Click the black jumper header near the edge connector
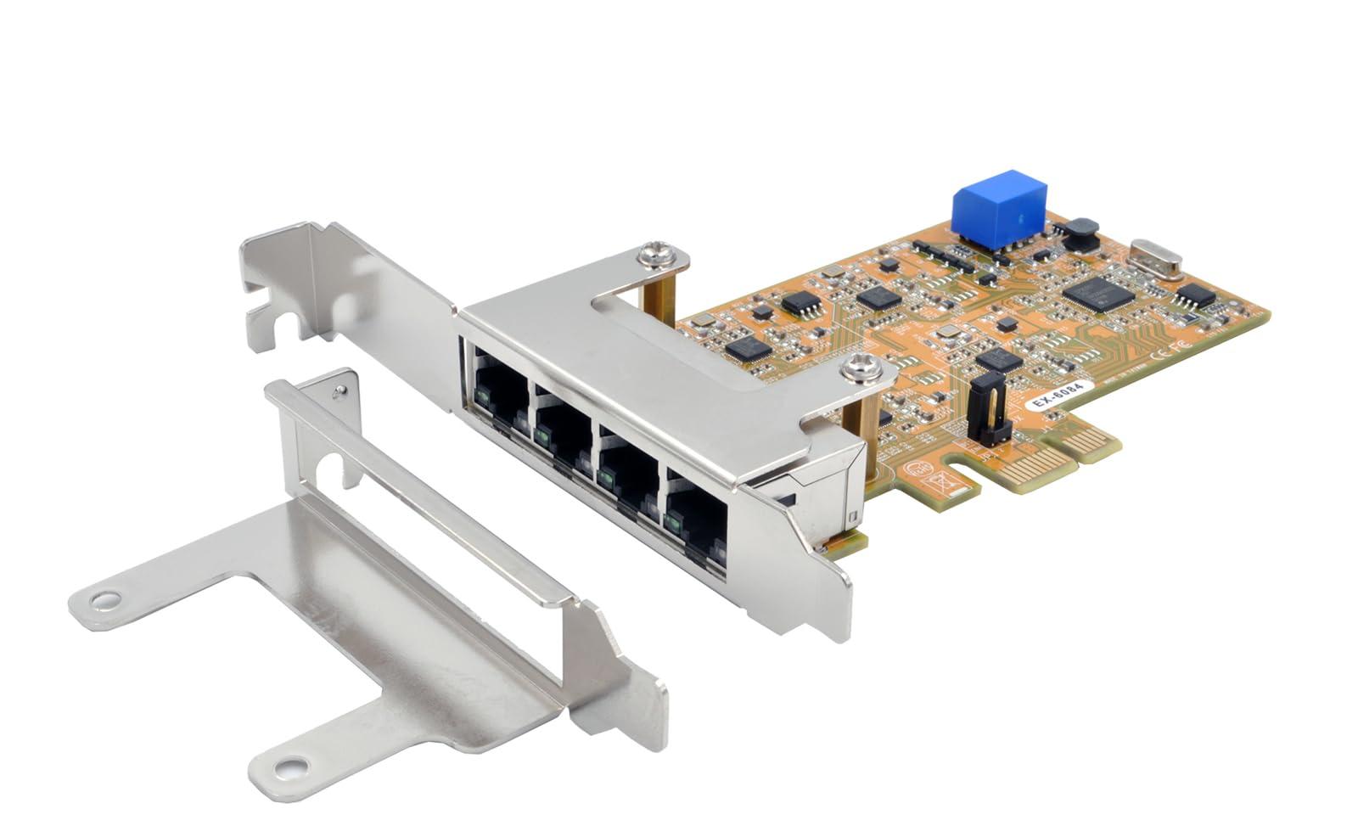coord(987,410)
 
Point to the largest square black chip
coord(1089,294)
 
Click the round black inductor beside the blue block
coord(1080,229)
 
